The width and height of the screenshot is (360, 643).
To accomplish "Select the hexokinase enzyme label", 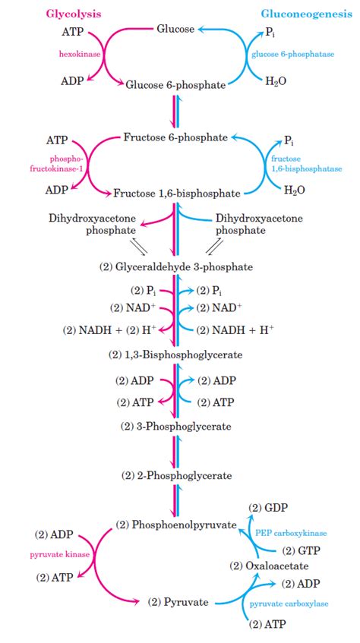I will [80, 55].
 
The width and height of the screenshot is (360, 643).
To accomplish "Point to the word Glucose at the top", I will [175, 29].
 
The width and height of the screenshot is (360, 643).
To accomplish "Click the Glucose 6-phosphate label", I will [175, 85].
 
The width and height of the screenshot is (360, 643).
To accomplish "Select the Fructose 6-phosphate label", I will [175, 137].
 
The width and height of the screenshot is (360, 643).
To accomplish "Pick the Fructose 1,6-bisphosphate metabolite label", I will [176, 193].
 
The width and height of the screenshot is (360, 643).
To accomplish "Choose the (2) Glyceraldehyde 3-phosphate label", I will [176, 266].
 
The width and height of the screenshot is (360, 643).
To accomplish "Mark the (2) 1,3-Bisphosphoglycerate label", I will [175, 354].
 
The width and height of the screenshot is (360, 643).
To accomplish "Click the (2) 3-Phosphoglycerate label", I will [175, 427].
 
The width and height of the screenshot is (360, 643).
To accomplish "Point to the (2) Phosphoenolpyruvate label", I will [175, 525].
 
